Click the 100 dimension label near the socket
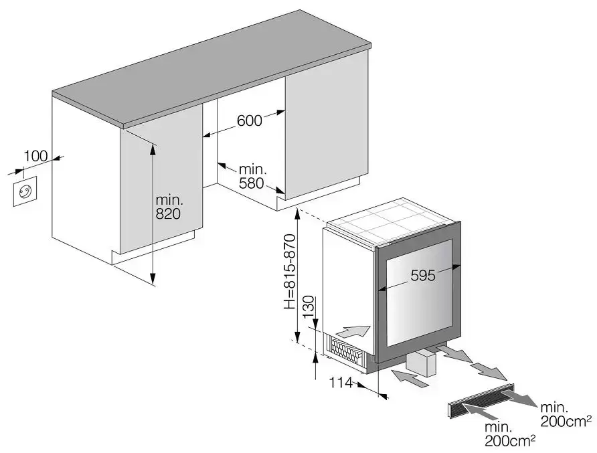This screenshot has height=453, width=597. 35,156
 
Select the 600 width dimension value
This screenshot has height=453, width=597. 248,121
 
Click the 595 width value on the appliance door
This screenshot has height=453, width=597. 422,275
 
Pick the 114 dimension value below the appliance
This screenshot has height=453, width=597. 341,383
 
